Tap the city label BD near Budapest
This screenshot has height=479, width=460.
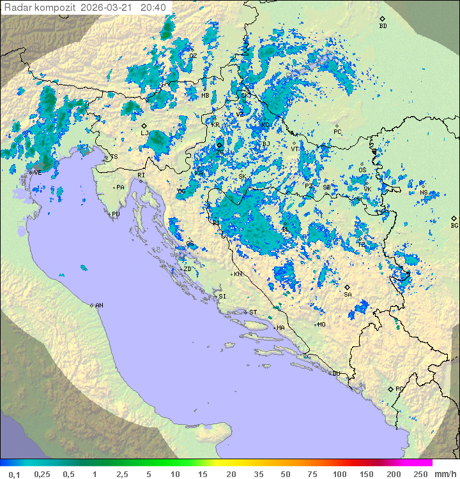coord(383,26)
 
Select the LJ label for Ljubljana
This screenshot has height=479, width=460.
coord(144,133)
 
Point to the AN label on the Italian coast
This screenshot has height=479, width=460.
coord(99,306)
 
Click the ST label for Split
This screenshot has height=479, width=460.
coord(253,313)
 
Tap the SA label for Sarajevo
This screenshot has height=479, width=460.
coord(348,295)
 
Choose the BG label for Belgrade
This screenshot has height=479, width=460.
coord(454,225)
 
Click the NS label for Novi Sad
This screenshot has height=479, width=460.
coord(424,193)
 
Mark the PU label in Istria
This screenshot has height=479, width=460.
coord(116,214)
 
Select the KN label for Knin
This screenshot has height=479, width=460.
coord(238,274)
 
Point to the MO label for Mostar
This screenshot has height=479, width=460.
coord(321,325)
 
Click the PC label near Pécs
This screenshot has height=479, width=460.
coord(337,132)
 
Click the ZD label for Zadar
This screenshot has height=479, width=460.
coord(187,269)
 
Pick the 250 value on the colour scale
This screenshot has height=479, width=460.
coord(420,474)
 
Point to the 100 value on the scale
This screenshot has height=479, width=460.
coord(339,474)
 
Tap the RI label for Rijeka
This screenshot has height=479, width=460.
coord(142,175)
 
